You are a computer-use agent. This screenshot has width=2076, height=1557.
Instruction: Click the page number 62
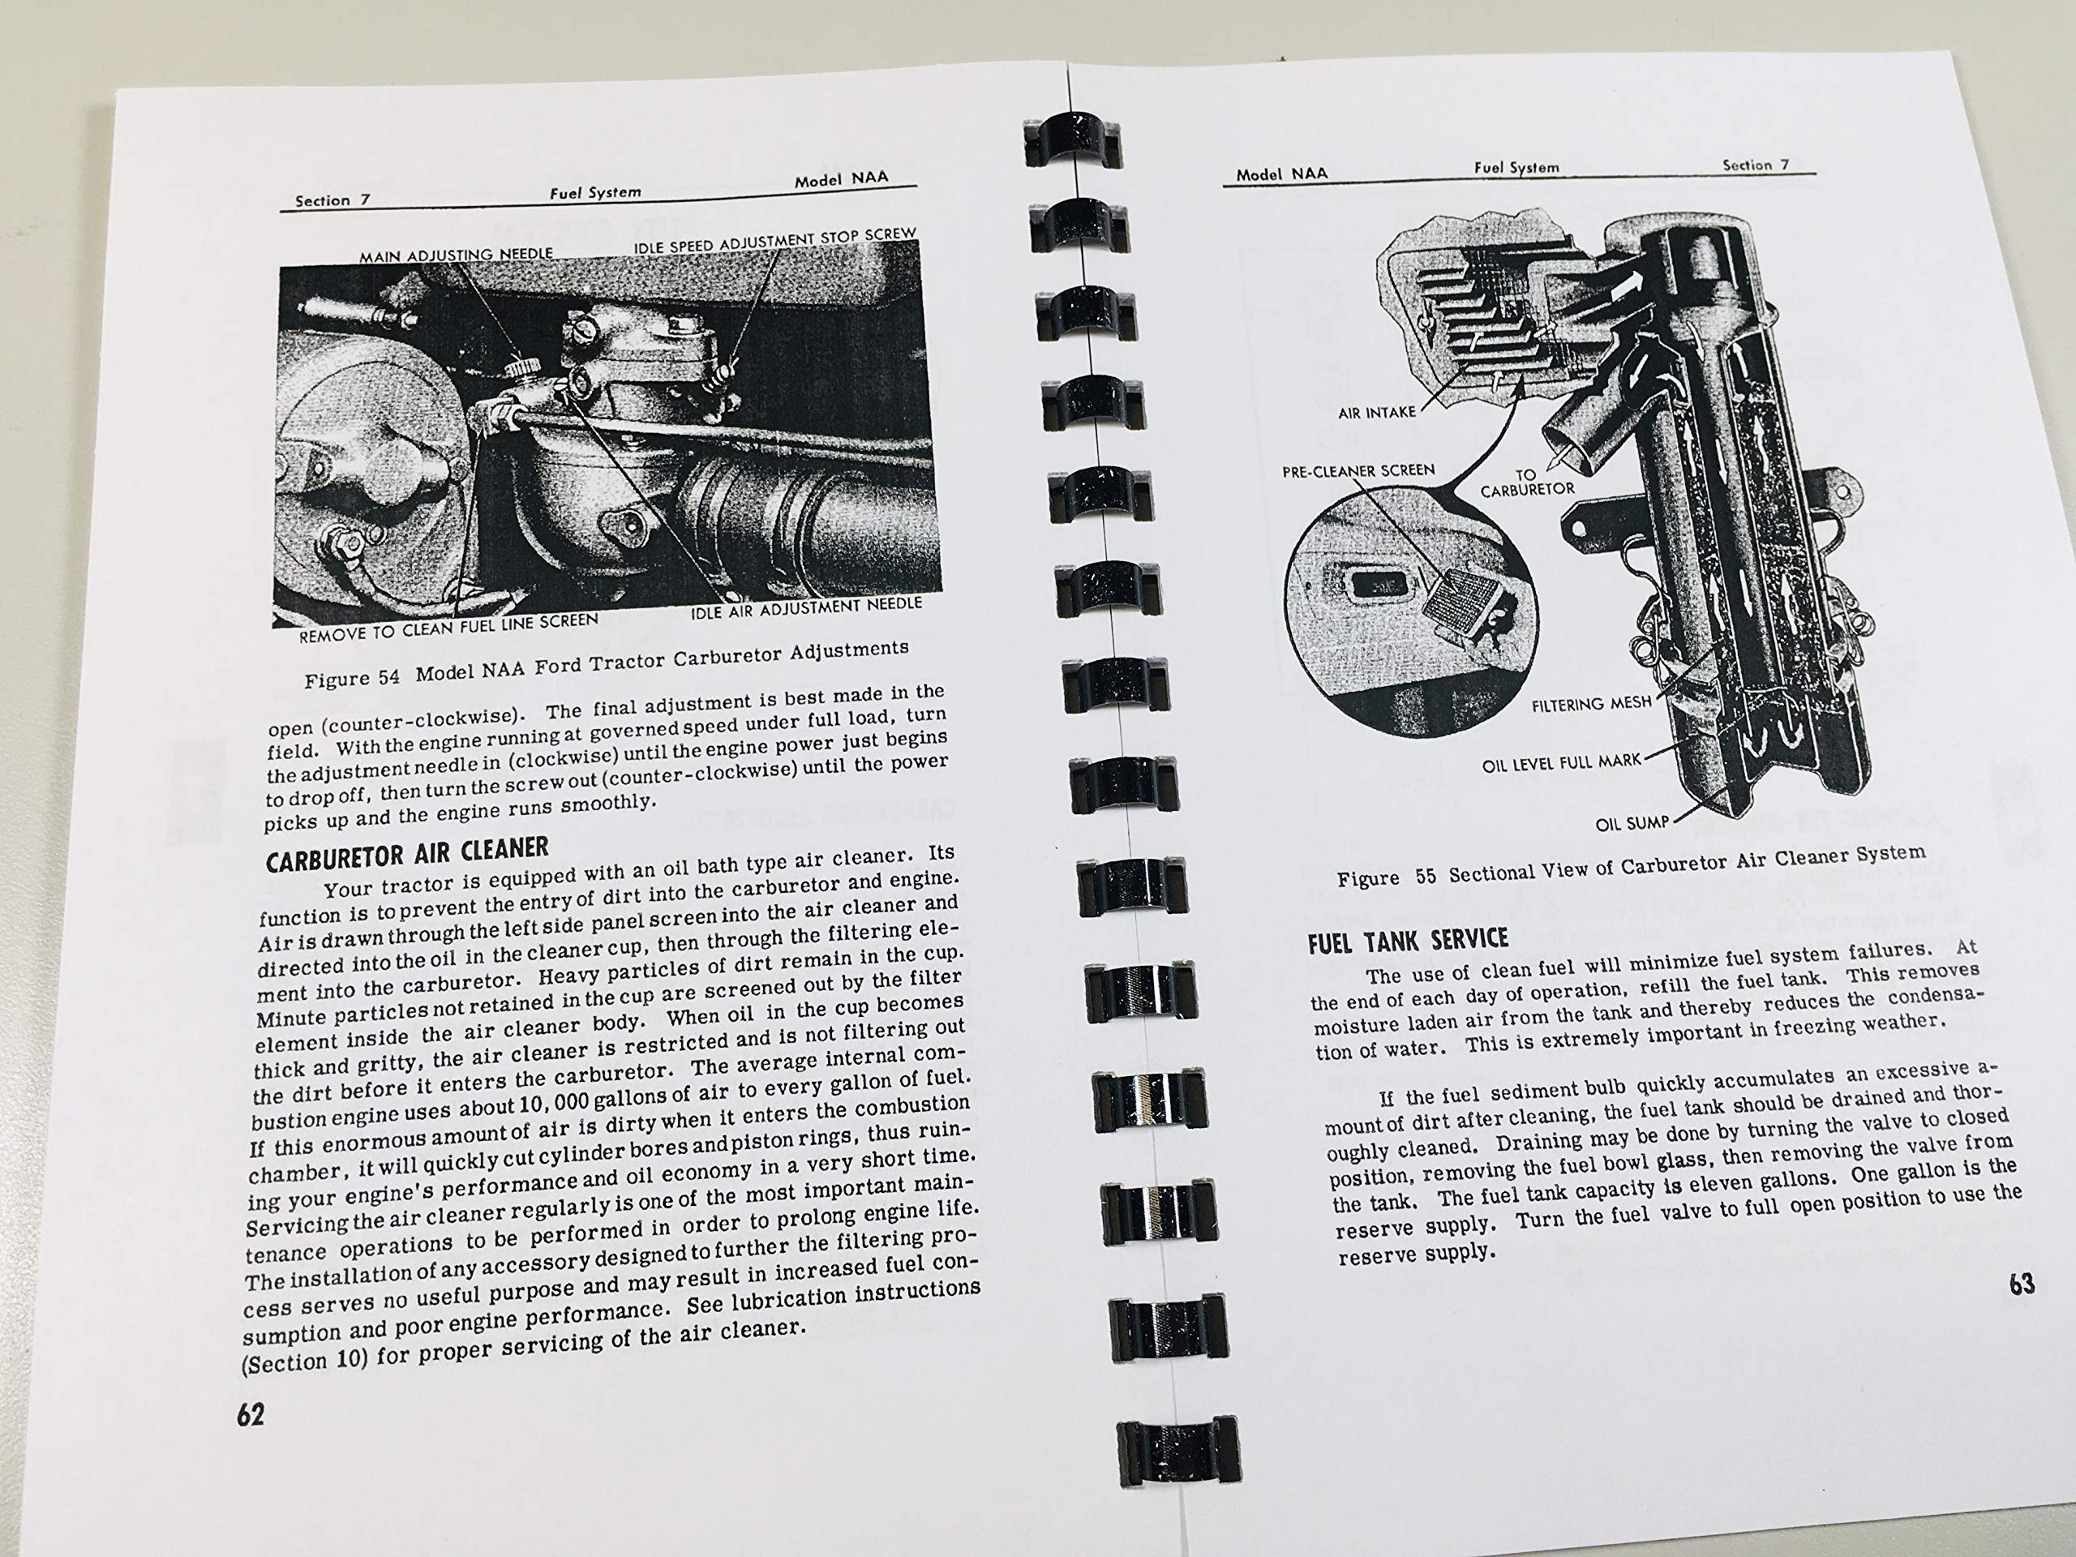[251, 1413]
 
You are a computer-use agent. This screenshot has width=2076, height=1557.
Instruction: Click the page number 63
[2022, 1283]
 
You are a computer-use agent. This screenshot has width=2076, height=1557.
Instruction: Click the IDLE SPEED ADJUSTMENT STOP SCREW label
[775, 239]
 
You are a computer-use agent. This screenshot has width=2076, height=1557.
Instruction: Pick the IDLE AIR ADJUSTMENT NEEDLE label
[806, 608]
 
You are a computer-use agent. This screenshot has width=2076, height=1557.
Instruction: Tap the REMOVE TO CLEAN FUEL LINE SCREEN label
[448, 627]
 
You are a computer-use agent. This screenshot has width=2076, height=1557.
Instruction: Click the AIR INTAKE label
[1377, 412]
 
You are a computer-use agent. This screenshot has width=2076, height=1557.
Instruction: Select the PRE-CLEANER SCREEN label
[1358, 471]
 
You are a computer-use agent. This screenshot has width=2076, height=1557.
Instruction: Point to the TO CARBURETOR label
[1527, 483]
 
